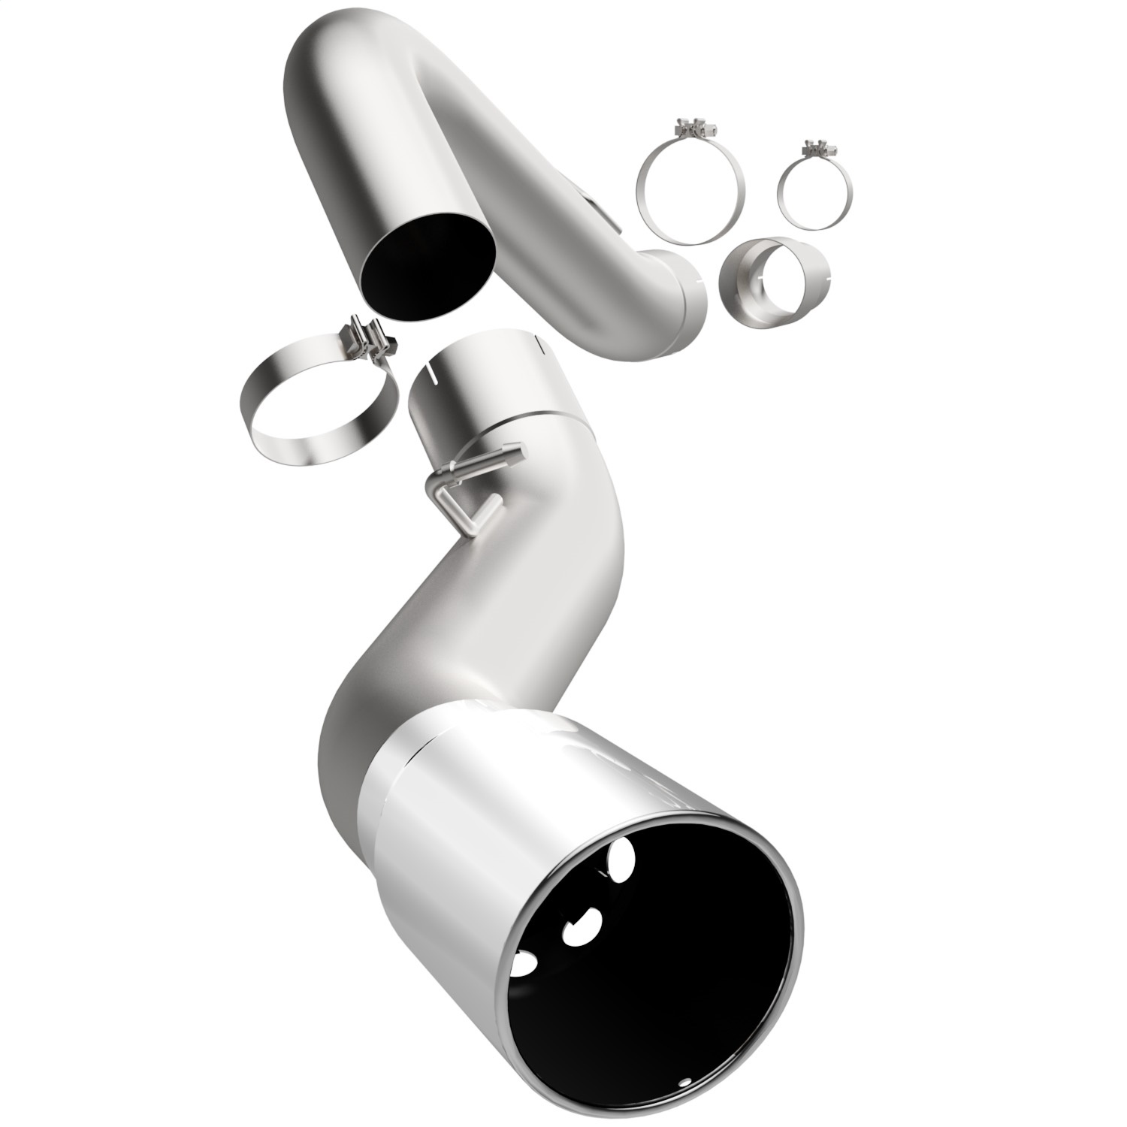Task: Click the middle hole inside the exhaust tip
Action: click(x=580, y=926)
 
